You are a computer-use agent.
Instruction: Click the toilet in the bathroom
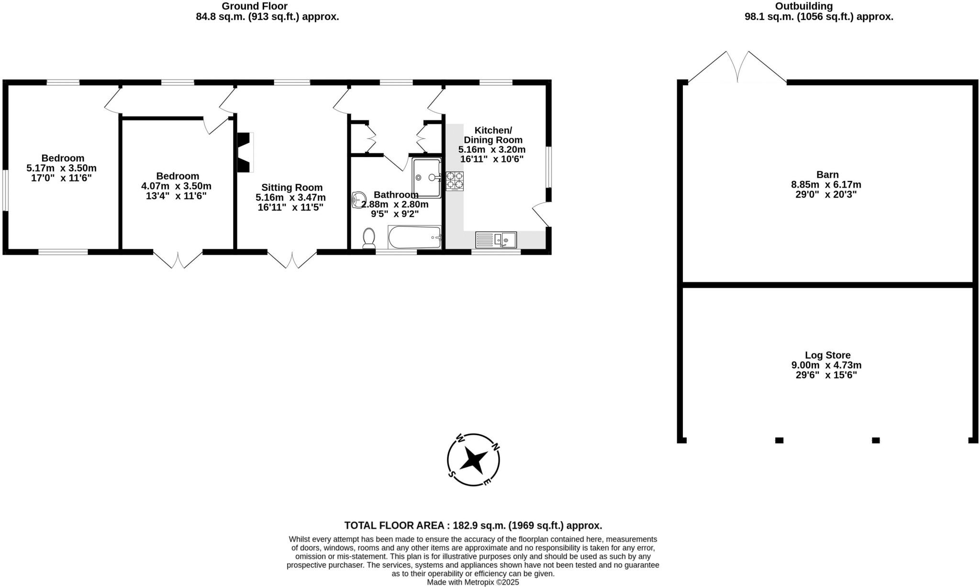(368, 238)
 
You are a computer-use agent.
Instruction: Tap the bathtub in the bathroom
(414, 237)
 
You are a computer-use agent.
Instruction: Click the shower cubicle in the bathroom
(426, 178)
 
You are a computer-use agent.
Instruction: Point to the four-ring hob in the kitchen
(455, 181)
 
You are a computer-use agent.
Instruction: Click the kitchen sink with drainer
(496, 239)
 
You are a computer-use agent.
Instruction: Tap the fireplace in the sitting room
(245, 152)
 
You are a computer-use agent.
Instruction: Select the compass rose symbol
(473, 460)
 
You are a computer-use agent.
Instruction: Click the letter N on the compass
(496, 447)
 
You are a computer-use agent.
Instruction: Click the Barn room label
(827, 175)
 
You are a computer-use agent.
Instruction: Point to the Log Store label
(827, 355)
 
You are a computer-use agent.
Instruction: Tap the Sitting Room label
(292, 188)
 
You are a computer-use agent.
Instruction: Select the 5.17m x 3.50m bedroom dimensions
(62, 168)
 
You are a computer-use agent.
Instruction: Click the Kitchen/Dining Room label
(493, 135)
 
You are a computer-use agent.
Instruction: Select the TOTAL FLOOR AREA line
(473, 525)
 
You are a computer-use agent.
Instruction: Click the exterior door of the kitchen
(541, 214)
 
